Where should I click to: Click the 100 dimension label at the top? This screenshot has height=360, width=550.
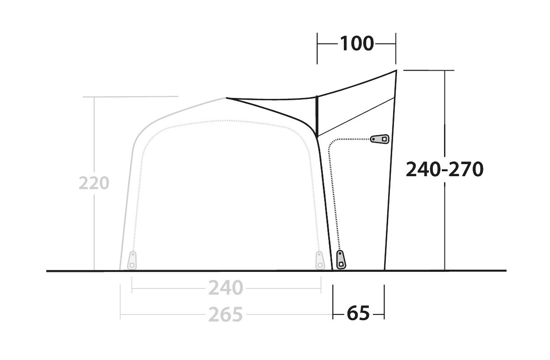tap(356, 44)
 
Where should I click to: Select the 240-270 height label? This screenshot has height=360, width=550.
tap(444, 169)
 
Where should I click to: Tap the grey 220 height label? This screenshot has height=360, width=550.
tap(94, 183)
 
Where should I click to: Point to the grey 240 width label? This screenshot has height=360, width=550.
tap(226, 288)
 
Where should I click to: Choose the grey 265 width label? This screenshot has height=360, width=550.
tap(226, 314)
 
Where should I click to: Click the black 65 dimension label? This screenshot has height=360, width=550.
tap(358, 313)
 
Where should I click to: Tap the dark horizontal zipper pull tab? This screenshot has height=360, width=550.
tap(380, 139)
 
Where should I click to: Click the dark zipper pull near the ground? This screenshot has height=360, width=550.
tap(341, 259)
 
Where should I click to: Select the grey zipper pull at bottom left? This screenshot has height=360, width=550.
tap(132, 260)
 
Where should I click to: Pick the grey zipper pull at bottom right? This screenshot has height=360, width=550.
tap(319, 260)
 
